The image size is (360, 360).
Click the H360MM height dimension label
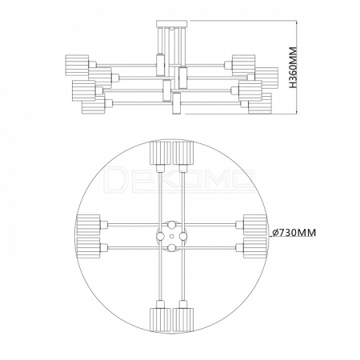293,67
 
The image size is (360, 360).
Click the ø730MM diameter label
294,233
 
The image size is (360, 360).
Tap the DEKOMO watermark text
179,178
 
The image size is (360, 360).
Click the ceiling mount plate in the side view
172,23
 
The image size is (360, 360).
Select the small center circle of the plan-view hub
172,236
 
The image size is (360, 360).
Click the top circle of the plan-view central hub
172,225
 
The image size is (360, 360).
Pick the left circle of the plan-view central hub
160,236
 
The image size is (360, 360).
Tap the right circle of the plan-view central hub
183,236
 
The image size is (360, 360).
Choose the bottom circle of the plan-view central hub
172,248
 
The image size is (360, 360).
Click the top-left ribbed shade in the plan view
160,154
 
